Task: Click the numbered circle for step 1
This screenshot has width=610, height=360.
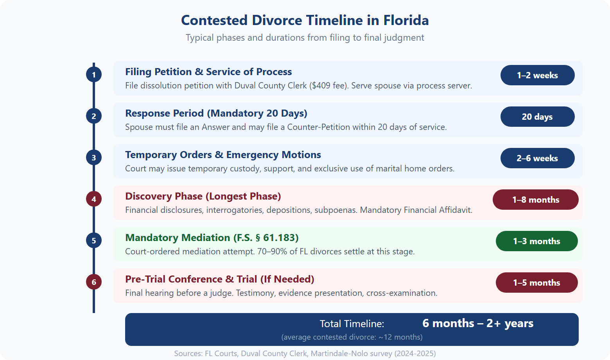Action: coord(94,75)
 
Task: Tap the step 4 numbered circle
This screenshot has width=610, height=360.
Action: coord(94,199)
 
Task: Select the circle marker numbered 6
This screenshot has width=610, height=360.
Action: coord(94,282)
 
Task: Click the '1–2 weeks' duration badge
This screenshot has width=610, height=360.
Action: coord(537,75)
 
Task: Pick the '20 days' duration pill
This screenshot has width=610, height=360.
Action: coord(537,117)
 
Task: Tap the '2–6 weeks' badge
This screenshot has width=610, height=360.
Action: coord(537,158)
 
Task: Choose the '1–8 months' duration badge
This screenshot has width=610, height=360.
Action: coord(535,200)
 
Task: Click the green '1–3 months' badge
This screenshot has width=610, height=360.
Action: coord(536,241)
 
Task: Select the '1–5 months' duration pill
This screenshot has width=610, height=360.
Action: coord(536,283)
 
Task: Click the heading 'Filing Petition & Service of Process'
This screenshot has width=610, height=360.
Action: coord(208,72)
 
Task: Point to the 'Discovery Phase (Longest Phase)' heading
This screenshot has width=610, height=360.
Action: coord(203,196)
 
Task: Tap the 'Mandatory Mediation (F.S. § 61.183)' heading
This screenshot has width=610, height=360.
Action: coord(212,238)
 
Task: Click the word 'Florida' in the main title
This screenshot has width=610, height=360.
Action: coord(406,20)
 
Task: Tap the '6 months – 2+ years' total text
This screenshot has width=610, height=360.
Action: coord(478,324)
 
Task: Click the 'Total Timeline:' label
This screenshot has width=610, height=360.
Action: coord(352,324)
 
